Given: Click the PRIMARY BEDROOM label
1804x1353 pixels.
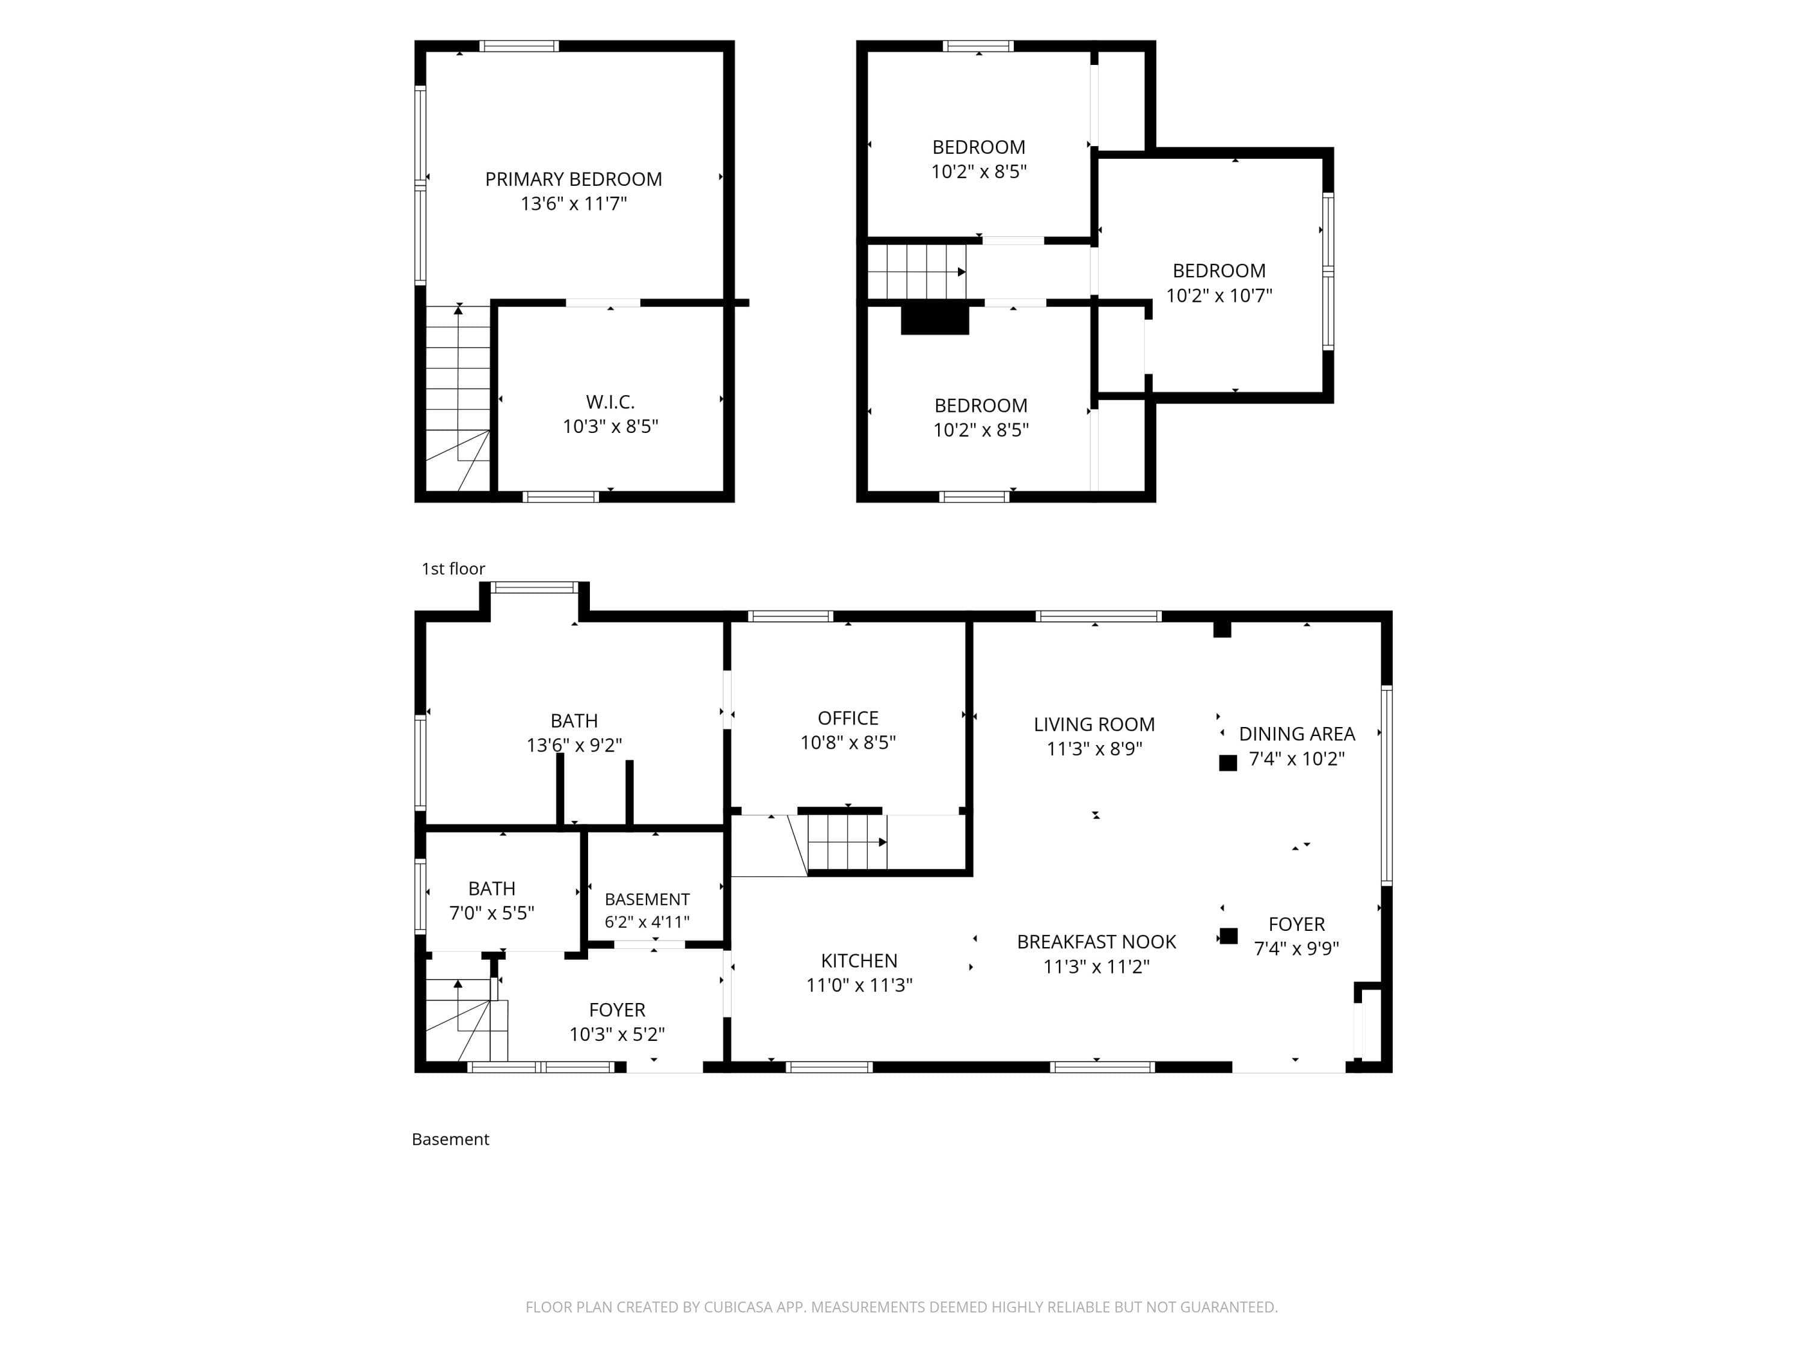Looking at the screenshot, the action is pos(573,179).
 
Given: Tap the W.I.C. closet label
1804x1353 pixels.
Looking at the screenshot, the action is pos(610,402).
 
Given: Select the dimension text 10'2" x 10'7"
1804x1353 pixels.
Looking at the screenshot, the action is pos(1220,295).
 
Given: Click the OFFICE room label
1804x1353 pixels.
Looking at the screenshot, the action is pos(848,719).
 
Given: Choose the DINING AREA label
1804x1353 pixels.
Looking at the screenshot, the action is pos(1296,734).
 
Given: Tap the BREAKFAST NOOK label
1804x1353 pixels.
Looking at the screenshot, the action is pos(1096,942).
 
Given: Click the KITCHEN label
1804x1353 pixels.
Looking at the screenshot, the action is pos(859,961).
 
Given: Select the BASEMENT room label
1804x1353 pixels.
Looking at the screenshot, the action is pos(646,900).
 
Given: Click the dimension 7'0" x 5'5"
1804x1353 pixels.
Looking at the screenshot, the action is pos(492,913).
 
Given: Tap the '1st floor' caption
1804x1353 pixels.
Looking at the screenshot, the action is pos(453,568).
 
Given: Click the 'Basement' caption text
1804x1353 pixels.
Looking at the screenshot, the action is pos(450,1140).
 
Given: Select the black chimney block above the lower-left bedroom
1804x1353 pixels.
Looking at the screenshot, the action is pos(934,319).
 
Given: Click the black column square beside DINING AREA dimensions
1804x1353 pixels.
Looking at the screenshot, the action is pos(1227,762).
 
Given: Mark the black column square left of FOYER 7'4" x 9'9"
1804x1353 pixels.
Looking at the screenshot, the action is pos(1228,936).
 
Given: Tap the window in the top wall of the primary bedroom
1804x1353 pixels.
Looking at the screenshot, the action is pos(519,46).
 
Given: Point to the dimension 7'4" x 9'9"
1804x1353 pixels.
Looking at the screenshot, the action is pos(1296,948).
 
